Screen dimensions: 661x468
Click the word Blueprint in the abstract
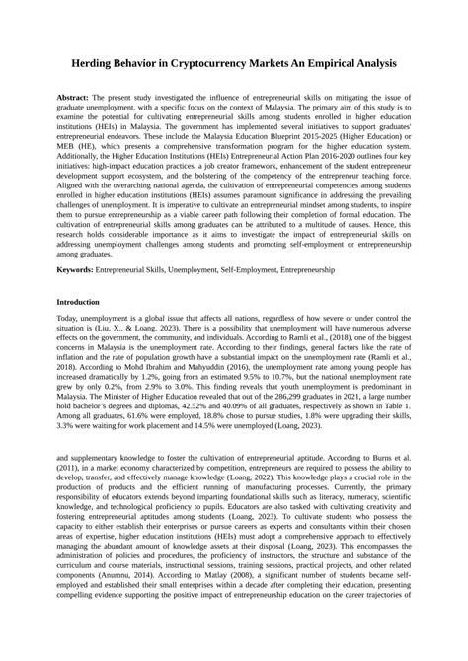[x=302, y=139]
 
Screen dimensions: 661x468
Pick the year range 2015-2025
[x=347, y=139]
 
